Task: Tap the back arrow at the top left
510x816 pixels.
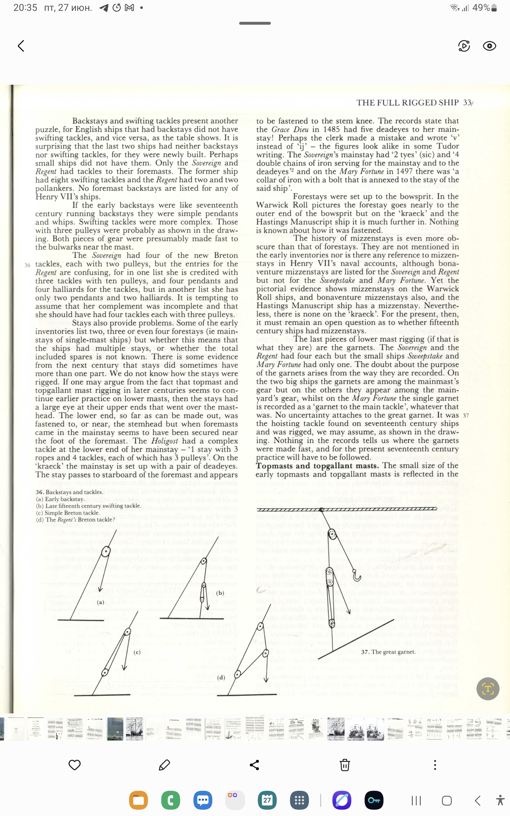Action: (x=21, y=46)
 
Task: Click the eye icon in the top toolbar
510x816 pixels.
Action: (x=489, y=46)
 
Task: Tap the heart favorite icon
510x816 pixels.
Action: (x=74, y=765)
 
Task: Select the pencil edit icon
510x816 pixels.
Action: (x=164, y=765)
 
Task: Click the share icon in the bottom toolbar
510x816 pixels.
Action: (x=254, y=765)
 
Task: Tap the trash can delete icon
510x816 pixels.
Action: (x=344, y=765)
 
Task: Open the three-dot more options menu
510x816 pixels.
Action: (x=435, y=765)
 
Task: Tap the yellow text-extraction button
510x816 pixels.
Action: (x=487, y=688)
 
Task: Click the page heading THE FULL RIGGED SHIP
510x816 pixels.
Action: (x=407, y=103)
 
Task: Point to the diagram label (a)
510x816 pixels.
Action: (x=100, y=602)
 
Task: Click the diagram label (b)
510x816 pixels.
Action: (x=220, y=593)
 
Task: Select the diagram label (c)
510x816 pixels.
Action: (x=137, y=652)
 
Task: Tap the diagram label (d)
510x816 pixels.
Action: (x=221, y=677)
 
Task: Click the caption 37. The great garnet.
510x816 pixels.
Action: (x=388, y=652)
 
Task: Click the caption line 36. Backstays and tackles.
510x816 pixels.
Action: (x=69, y=492)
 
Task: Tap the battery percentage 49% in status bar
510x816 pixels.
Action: (x=481, y=8)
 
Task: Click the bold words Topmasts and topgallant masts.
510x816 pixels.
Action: (x=317, y=466)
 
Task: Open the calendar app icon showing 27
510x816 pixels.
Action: (x=267, y=800)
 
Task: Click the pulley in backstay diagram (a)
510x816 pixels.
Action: (x=106, y=552)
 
